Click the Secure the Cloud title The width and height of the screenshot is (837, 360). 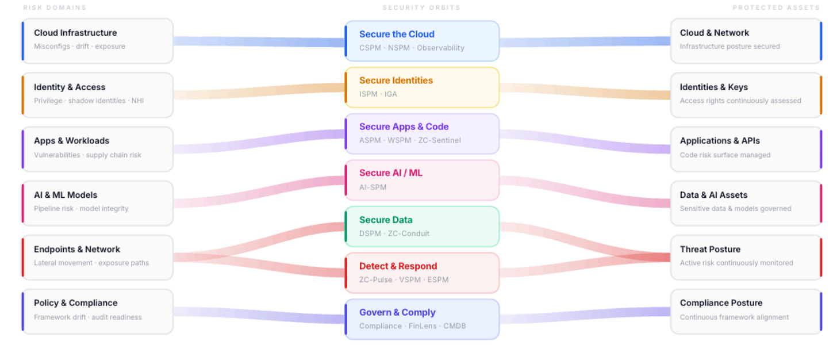[397, 35]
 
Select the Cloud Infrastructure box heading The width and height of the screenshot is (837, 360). [75, 33]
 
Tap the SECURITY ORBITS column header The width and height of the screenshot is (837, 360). [421, 7]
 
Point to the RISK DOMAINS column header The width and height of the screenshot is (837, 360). [55, 7]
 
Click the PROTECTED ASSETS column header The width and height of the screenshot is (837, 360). [776, 7]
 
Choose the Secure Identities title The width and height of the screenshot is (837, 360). [396, 81]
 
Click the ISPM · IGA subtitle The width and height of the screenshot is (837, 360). [378, 94]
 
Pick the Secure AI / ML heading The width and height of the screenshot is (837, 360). [391, 173]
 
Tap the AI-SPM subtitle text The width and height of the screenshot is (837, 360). [373, 187]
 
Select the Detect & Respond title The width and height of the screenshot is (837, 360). [398, 266]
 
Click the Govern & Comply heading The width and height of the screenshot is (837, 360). [398, 312]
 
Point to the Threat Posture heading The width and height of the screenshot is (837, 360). [711, 250]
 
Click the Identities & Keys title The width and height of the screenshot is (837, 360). [714, 87]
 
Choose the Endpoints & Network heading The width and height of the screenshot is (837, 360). [77, 250]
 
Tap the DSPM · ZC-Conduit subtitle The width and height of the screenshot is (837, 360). [394, 233]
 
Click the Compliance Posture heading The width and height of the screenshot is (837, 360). [721, 303]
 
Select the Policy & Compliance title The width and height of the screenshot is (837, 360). [75, 303]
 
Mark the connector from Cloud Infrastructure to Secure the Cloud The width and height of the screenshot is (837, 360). [259, 41]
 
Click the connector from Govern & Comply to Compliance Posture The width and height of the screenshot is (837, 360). [585, 315]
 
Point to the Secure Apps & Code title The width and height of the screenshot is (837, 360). [404, 127]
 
